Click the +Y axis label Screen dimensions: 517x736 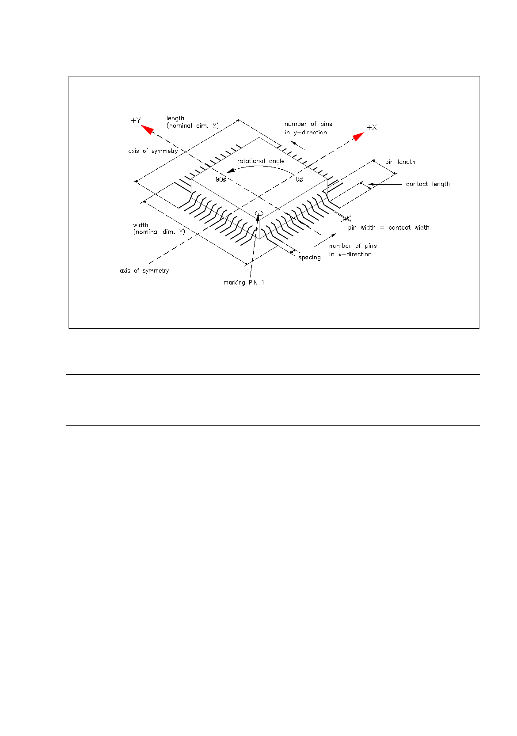coord(136,121)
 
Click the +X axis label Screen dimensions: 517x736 coord(372,127)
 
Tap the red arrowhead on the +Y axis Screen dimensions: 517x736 coord(148,129)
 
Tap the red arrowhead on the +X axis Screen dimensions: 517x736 coord(358,137)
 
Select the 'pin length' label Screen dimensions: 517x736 coord(400,162)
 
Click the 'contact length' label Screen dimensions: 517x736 coord(428,184)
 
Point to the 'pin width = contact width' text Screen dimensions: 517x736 coord(388,228)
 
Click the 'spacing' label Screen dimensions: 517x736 coord(309,258)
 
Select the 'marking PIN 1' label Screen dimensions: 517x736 coord(243,283)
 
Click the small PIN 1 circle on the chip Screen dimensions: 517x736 coord(259,214)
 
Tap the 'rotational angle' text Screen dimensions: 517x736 coord(261,161)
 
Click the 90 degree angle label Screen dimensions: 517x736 coord(221,179)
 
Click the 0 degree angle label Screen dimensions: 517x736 coord(299,179)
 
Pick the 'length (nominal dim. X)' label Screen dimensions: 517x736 coord(192,122)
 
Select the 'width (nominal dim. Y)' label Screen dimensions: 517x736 coord(159,228)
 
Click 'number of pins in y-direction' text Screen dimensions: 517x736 coord(308,128)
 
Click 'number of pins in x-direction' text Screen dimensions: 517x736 coord(353,250)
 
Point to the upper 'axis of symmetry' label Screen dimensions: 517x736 coord(153,151)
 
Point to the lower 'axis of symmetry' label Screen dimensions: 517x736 coord(144,271)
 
